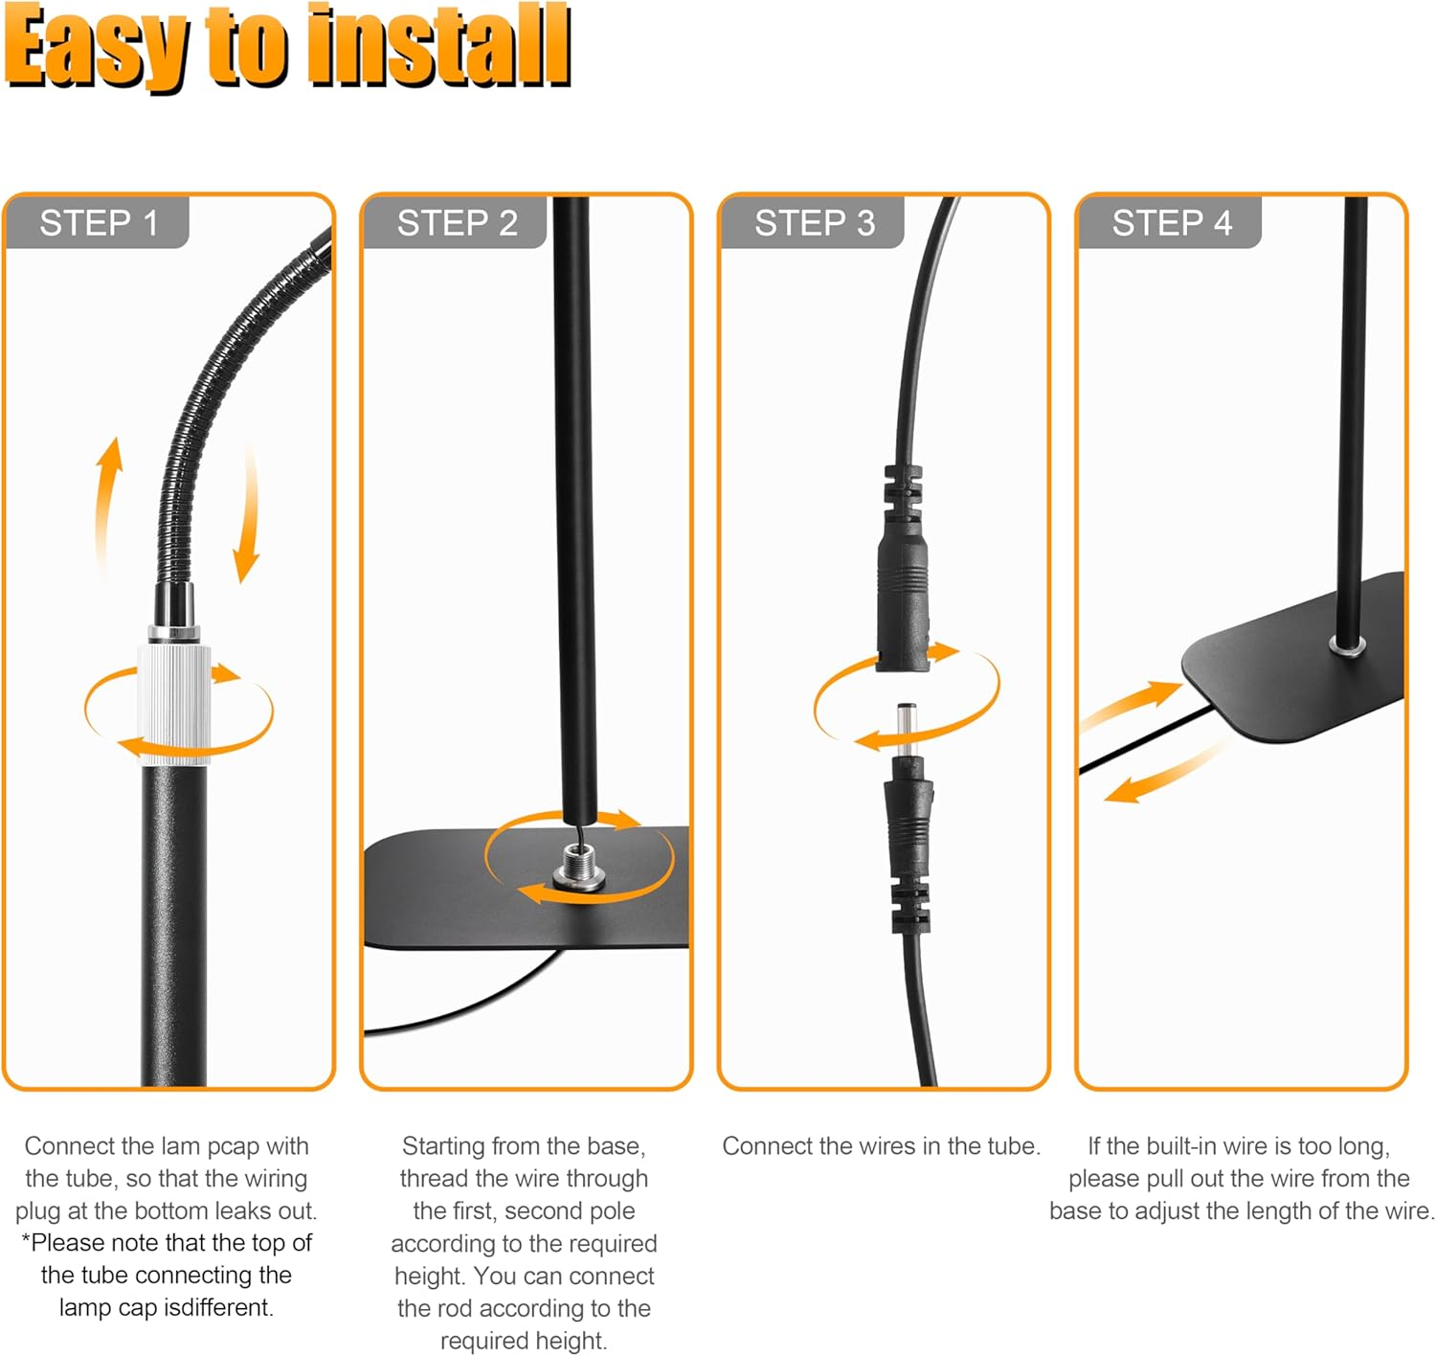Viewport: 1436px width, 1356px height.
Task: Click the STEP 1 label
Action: tap(99, 223)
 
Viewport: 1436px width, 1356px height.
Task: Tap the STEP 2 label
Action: tap(457, 223)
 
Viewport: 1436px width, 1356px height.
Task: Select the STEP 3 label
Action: tap(815, 223)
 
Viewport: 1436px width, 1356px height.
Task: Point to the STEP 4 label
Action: tap(1172, 223)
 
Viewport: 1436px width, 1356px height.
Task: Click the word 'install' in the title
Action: tap(439, 46)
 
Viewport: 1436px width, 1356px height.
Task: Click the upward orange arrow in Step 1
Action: tap(108, 507)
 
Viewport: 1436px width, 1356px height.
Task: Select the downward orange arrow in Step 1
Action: tap(247, 512)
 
